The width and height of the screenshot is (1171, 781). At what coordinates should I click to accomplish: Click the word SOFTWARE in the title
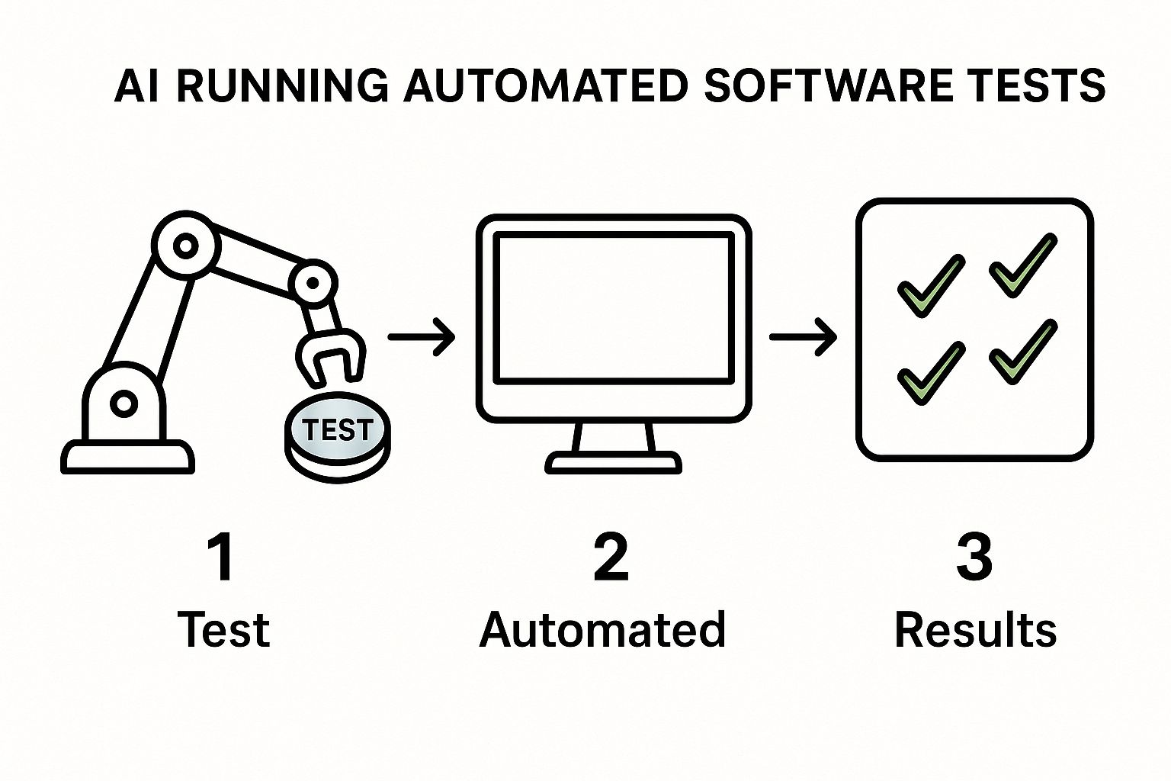tap(827, 85)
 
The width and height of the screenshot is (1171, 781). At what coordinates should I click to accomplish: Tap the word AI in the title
tap(139, 85)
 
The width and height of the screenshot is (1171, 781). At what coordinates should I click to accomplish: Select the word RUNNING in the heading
tap(282, 85)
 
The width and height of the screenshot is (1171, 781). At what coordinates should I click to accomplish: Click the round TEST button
tap(338, 432)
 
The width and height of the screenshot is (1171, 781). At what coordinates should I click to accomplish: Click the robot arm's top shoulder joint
tap(185, 246)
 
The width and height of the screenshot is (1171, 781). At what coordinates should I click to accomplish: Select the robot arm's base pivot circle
tap(122, 403)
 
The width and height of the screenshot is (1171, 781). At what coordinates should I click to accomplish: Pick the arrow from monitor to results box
tap(804, 336)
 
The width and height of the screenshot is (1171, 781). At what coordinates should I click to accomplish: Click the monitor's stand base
tap(613, 461)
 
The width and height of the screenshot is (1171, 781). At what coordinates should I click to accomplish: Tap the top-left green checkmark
tap(930, 284)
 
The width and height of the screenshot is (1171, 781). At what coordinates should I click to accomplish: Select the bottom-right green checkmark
tap(1024, 351)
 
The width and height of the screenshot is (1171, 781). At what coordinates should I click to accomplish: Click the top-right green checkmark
tap(1024, 265)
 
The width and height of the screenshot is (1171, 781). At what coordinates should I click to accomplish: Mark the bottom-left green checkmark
tap(930, 371)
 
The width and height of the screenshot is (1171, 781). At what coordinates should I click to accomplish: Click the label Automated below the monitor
tap(602, 630)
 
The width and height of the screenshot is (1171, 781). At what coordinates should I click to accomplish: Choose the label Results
tap(975, 630)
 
